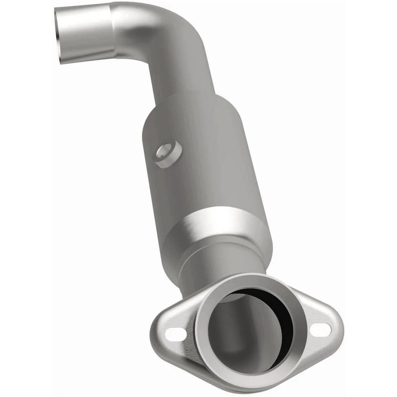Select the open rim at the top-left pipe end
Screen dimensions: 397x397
coord(61,36)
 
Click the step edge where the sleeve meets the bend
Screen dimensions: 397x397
coord(114,31)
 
